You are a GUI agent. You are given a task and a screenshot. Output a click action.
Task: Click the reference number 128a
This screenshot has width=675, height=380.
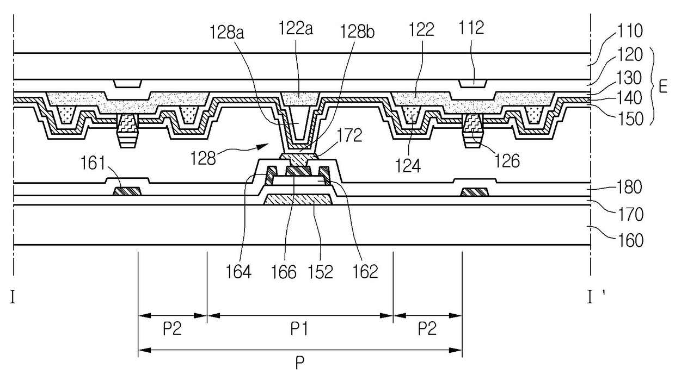tap(226, 33)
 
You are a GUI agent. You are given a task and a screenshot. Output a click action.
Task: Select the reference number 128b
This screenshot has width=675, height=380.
tap(357, 32)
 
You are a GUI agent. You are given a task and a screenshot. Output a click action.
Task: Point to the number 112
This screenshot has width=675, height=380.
tap(471, 28)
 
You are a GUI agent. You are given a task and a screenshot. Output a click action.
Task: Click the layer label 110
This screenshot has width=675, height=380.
tap(630, 30)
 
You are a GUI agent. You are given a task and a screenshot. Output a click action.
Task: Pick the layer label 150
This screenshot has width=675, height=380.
tap(630, 119)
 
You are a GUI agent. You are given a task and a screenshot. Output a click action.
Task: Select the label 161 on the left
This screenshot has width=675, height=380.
tap(93, 164)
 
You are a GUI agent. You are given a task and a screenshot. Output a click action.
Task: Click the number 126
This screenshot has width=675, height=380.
tap(507, 161)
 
